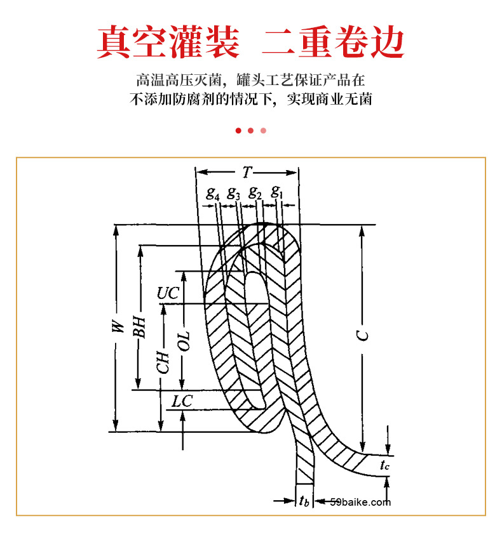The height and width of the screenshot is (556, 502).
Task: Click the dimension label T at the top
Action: pyautogui.click(x=247, y=172)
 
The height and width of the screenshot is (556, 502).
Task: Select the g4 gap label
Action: pyautogui.click(x=213, y=194)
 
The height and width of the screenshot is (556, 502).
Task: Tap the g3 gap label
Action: pyautogui.click(x=233, y=194)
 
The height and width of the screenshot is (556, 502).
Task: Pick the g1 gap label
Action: pyautogui.click(x=276, y=192)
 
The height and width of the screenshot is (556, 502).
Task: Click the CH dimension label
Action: pyautogui.click(x=164, y=362)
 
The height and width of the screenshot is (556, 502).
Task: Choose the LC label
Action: pyautogui.click(x=182, y=401)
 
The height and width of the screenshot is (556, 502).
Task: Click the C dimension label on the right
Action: pyautogui.click(x=363, y=336)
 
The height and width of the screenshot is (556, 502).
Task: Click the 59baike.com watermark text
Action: pyautogui.click(x=360, y=503)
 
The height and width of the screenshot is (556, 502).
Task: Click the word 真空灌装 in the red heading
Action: pyautogui.click(x=168, y=42)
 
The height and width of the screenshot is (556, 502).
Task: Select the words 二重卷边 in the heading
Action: pyautogui.click(x=333, y=42)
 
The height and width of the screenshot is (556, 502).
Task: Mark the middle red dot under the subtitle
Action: pyautogui.click(x=250, y=131)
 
